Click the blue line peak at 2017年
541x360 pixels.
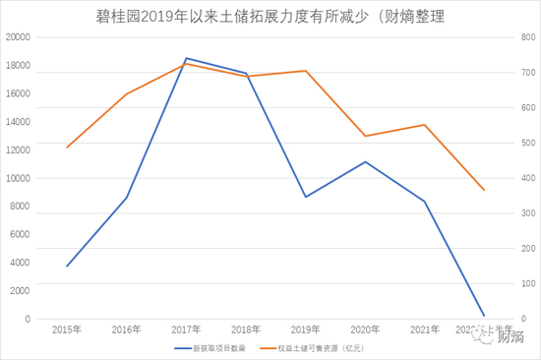[187, 58]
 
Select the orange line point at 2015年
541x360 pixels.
[67, 148]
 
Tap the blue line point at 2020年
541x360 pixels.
[365, 161]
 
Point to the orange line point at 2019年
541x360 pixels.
[306, 71]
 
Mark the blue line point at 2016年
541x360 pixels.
[127, 198]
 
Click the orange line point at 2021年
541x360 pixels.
[425, 125]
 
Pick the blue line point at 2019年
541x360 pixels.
[306, 197]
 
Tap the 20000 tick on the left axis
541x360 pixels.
[19, 37]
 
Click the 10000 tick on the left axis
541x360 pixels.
[19, 178]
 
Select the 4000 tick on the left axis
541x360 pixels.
[22, 263]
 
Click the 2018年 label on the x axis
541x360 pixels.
[246, 330]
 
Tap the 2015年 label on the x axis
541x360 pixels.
[67, 330]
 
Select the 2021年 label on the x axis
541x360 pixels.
[425, 330]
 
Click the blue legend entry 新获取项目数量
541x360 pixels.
[210, 348]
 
